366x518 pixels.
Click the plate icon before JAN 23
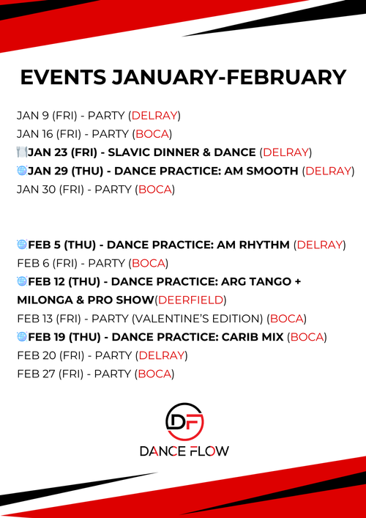pos(21,152)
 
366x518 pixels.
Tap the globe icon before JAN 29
pos(21,171)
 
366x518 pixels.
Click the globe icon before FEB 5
pos(21,244)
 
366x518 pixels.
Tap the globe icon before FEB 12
pos(21,281)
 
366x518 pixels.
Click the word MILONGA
pos(45,300)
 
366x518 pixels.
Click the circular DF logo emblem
pos(184,421)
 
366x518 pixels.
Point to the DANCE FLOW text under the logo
pos(184,451)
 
